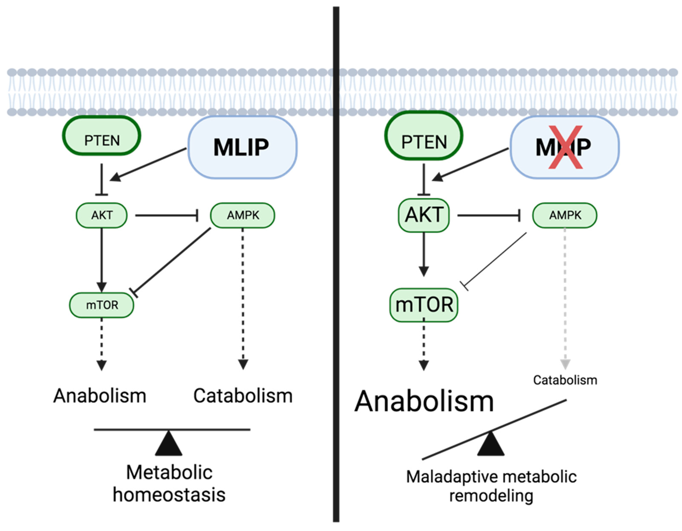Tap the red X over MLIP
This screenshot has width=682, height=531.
(x=565, y=147)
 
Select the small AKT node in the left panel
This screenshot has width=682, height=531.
(x=102, y=215)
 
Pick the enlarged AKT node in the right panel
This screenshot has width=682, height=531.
(x=424, y=215)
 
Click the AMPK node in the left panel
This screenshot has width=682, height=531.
(x=243, y=215)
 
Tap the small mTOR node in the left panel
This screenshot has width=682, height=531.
(x=102, y=305)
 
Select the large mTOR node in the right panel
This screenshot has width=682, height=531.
(x=424, y=305)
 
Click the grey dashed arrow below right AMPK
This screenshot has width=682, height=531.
(x=565, y=297)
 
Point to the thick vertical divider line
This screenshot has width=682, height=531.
(x=336, y=266)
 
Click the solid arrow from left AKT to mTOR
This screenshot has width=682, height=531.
(x=102, y=259)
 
